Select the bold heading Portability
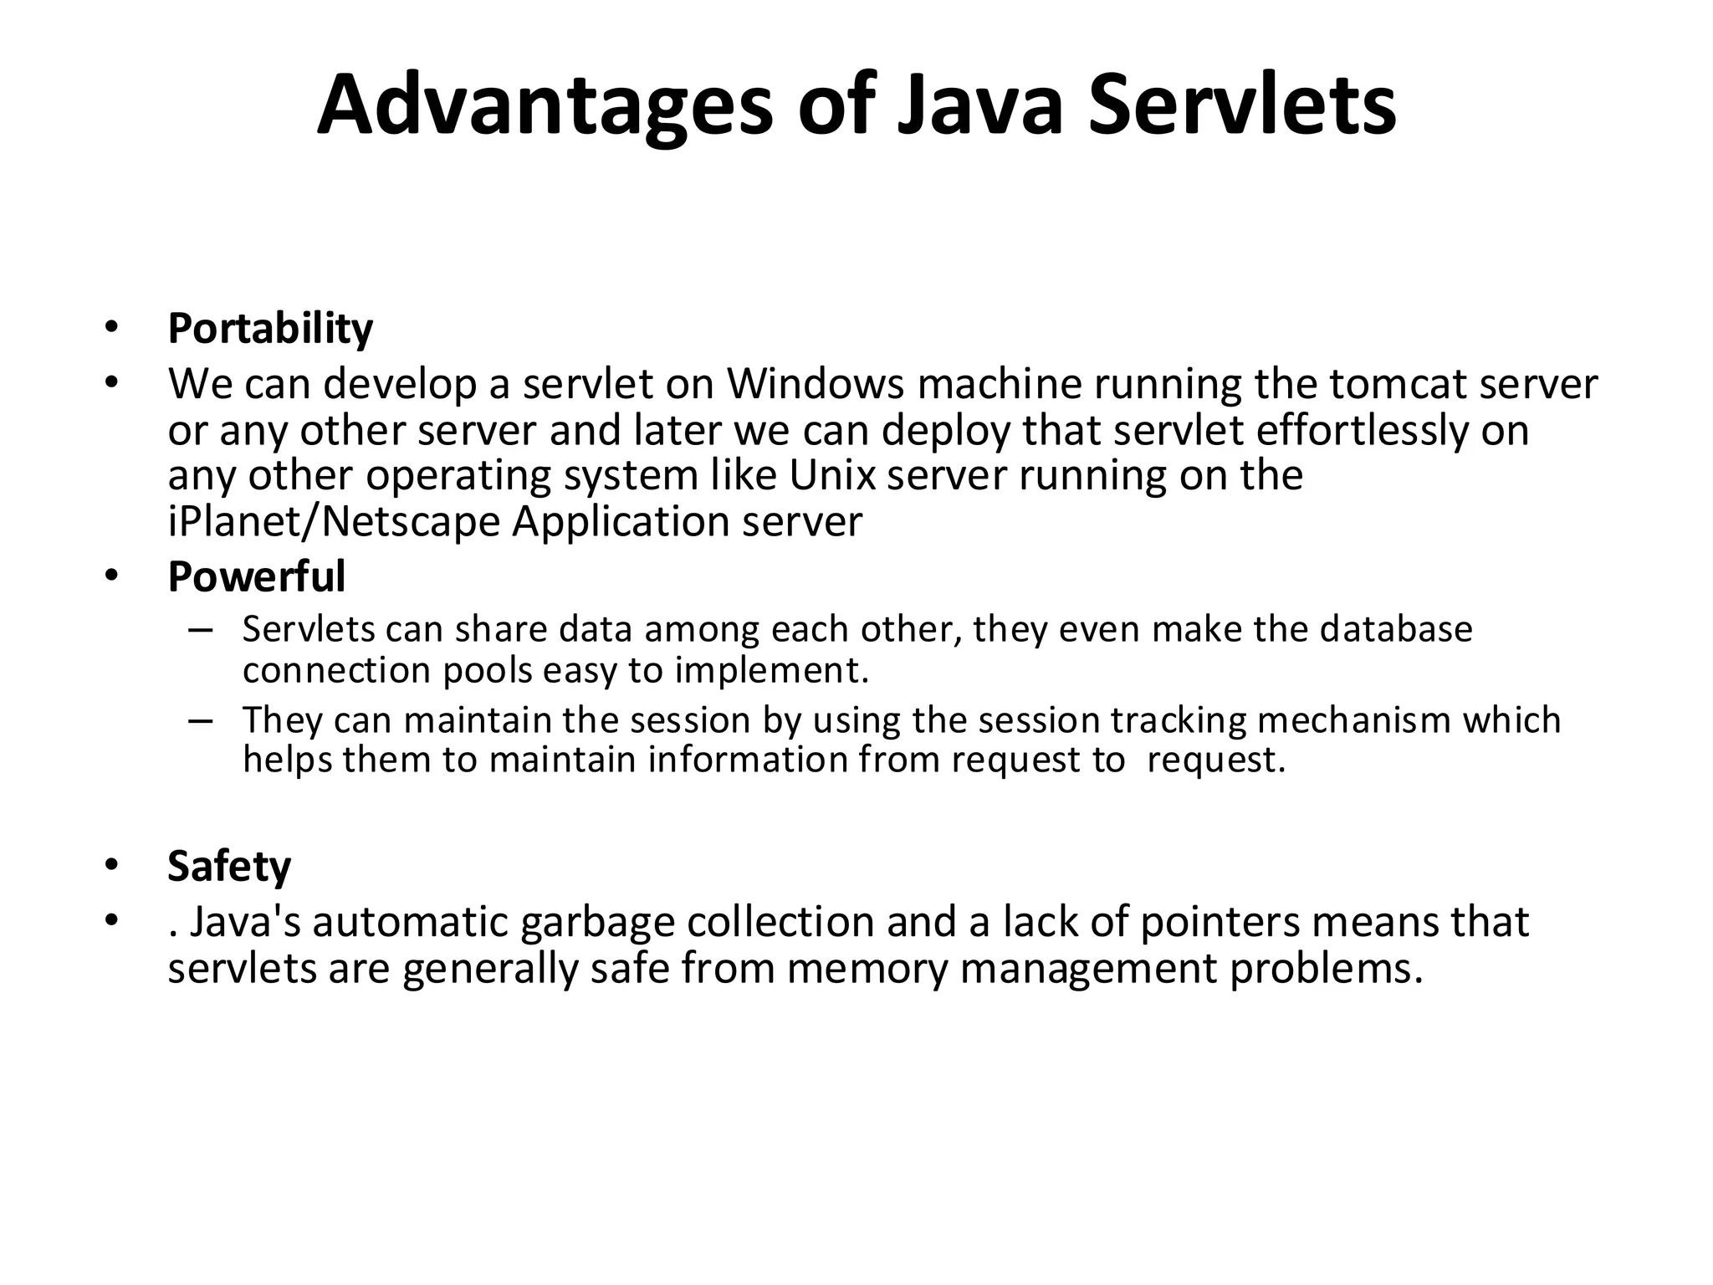tap(270, 328)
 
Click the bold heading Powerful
tap(256, 576)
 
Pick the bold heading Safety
tap(229, 866)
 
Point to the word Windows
tap(816, 384)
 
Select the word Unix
tap(832, 475)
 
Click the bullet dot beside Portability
tap(111, 328)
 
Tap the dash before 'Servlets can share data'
tap(201, 629)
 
